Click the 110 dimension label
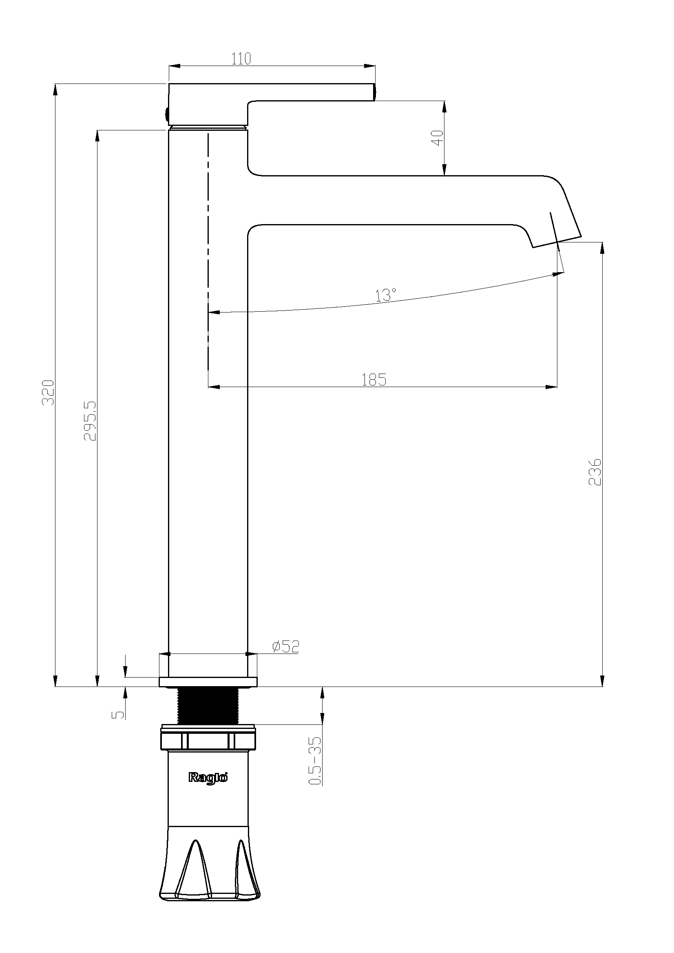(x=241, y=59)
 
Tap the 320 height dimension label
(x=49, y=393)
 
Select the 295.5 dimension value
(x=90, y=421)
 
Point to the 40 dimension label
(x=438, y=138)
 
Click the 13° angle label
(x=386, y=295)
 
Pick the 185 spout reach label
(x=374, y=379)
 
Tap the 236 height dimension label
(x=594, y=472)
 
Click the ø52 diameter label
(x=286, y=647)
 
